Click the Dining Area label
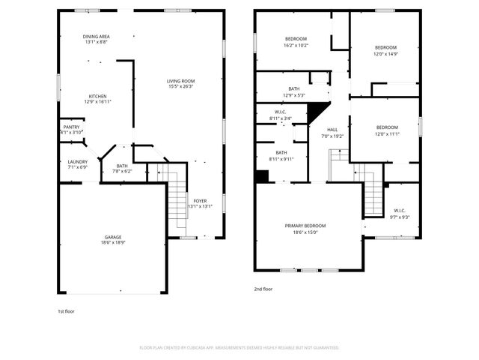[x=97, y=37]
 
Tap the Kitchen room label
[x=98, y=97]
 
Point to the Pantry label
[x=71, y=127]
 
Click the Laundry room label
[x=78, y=162]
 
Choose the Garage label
[x=113, y=237]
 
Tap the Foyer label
[x=200, y=201]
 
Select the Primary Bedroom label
[x=305, y=226]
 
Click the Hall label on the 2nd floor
[x=332, y=130]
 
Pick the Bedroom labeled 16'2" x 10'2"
[x=296, y=39]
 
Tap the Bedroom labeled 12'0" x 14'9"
[x=385, y=46]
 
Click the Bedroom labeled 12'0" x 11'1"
[x=387, y=127]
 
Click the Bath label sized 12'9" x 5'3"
[x=293, y=89]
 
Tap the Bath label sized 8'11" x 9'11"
[x=281, y=153]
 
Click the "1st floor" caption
[x=66, y=311]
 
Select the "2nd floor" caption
[x=264, y=288]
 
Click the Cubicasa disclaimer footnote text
[x=239, y=347]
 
